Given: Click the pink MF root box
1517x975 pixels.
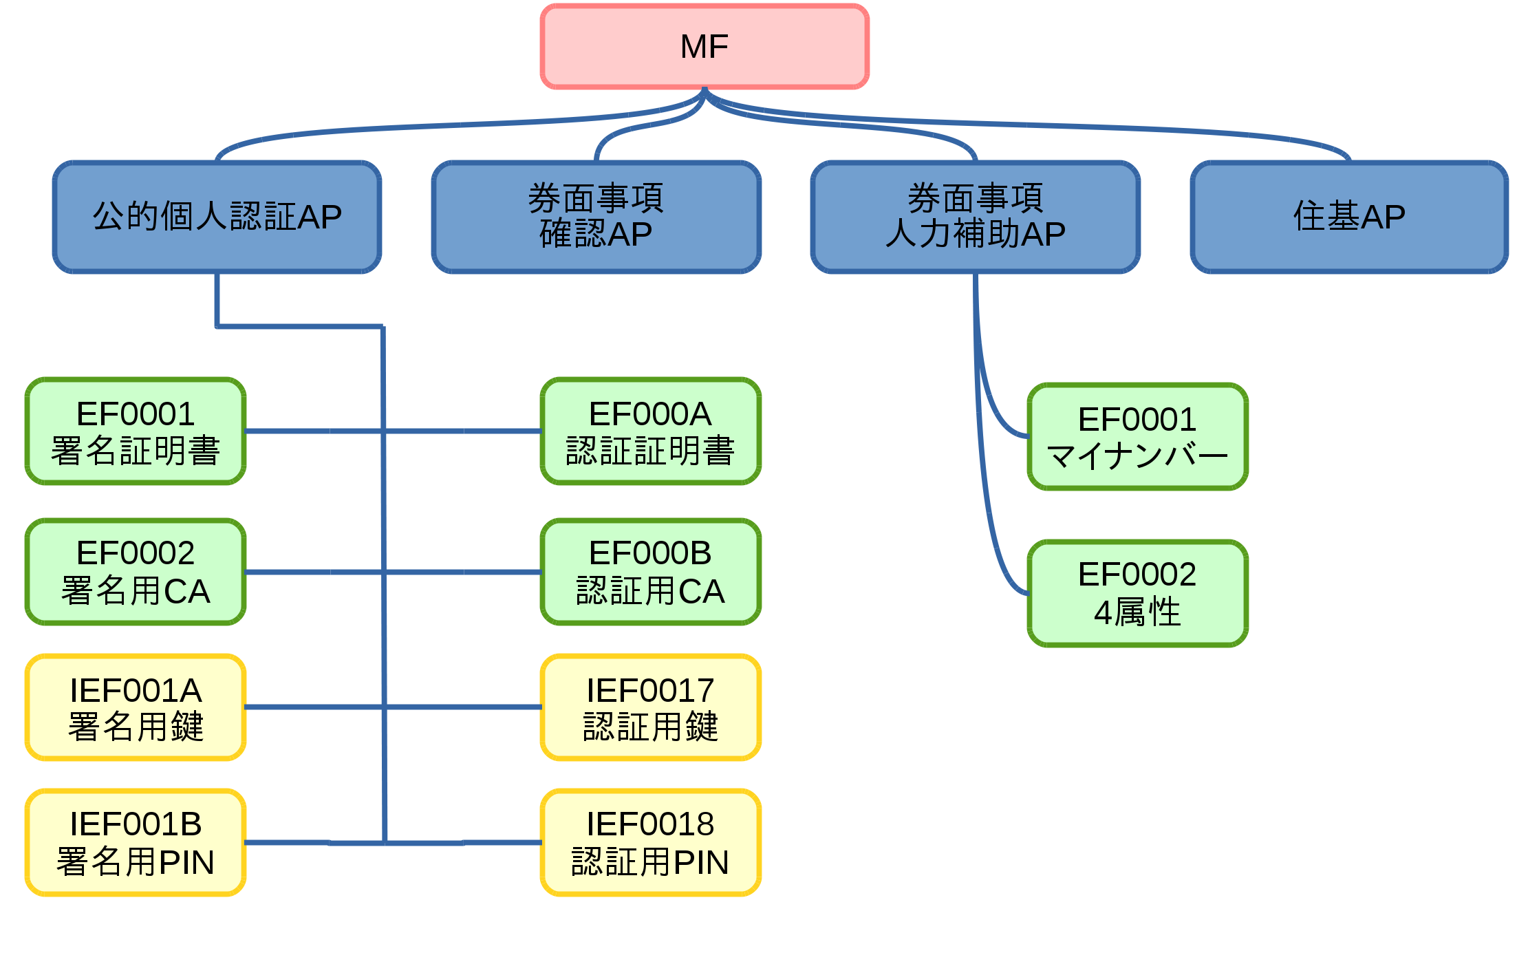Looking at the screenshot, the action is click(x=704, y=47).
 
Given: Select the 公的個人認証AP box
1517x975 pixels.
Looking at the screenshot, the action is click(x=217, y=217).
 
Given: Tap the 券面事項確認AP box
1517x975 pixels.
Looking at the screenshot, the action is click(x=596, y=217).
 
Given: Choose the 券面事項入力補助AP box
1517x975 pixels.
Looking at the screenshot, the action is click(x=976, y=217).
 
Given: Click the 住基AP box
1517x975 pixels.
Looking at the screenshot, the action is click(x=1350, y=217).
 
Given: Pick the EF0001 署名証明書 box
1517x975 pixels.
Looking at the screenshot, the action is click(x=136, y=431).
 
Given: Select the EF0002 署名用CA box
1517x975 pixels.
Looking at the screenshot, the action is click(x=136, y=572).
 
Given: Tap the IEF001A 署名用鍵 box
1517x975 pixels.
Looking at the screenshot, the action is click(x=136, y=707).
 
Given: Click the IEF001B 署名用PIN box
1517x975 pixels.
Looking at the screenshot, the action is click(x=136, y=843).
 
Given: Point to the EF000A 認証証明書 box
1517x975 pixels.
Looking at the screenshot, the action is click(x=651, y=431).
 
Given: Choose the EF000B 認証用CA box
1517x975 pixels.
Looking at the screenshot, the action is click(x=651, y=572).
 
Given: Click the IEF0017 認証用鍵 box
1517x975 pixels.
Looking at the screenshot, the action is click(x=651, y=707).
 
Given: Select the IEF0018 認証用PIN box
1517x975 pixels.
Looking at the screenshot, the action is click(x=651, y=843).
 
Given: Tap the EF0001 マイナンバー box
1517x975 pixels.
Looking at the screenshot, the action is click(x=1138, y=437).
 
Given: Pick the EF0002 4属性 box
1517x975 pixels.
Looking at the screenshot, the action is click(x=1138, y=594).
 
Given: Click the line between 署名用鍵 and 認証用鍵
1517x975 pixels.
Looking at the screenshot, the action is click(x=393, y=707).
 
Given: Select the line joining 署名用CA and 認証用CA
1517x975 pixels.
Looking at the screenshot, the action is click(x=393, y=572).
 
